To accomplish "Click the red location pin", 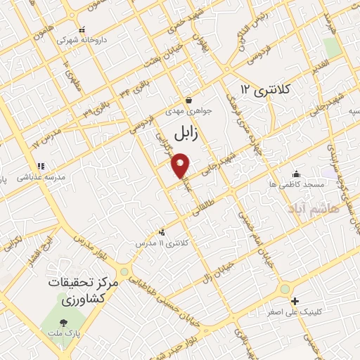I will pos(181,166).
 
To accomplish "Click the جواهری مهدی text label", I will pos(184,111).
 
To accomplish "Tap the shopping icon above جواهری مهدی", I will pos(188,101).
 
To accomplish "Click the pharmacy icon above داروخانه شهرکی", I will pos(82,30).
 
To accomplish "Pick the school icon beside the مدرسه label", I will pos(41,166).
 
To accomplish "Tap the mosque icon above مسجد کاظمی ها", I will pos(297,174).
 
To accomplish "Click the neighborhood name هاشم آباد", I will pos(312,208).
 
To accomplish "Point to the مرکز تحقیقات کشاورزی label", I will pos(82,288).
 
